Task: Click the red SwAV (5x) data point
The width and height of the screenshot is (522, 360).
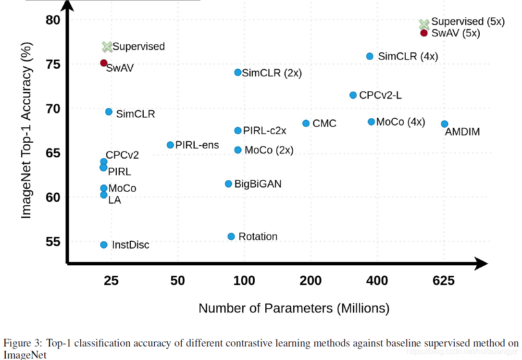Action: [423, 33]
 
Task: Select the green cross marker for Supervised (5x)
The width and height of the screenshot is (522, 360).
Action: [423, 24]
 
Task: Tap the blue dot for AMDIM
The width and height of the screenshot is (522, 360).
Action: [445, 124]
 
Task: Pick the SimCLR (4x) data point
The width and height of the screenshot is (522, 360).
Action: [370, 56]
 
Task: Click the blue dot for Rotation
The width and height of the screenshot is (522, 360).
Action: [231, 236]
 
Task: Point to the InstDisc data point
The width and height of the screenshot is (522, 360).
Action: [104, 245]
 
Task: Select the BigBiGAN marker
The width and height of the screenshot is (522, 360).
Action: [229, 184]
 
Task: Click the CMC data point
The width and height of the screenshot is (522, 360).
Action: [306, 124]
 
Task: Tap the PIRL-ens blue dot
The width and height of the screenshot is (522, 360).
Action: [170, 145]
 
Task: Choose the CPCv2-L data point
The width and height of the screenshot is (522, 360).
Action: [353, 95]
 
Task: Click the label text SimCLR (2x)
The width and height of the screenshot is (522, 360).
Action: [272, 73]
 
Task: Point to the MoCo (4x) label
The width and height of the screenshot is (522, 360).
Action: [400, 122]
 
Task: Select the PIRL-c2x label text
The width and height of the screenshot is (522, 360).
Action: [264, 131]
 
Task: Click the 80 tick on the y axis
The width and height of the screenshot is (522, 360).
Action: [53, 20]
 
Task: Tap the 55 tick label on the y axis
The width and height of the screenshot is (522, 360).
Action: [53, 242]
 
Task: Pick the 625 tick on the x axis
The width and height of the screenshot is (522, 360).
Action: [443, 281]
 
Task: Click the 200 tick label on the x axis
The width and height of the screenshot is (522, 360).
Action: [311, 281]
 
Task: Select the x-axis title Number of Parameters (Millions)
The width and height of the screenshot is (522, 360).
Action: [294, 308]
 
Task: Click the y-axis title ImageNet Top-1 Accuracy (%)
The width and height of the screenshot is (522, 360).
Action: [26, 130]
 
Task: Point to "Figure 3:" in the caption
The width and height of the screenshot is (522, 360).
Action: [23, 344]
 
